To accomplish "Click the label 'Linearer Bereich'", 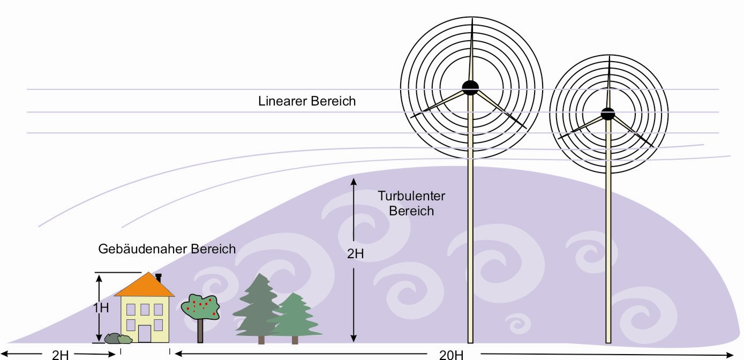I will tap(306, 101).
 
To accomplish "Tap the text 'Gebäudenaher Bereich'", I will tap(167, 249).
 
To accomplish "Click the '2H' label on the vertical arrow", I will tap(355, 253).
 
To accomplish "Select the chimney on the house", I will tap(159, 278).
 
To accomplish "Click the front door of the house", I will tap(145, 333).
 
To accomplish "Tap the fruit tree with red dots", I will tap(200, 307).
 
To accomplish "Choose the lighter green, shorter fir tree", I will tap(295, 316).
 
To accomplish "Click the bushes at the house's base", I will tap(118, 339).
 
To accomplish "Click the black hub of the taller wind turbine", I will tap(470, 88).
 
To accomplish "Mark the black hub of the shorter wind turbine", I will tap(608, 114).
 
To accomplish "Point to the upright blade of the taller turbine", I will tap(471, 51).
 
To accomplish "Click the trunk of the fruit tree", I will tap(200, 331).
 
